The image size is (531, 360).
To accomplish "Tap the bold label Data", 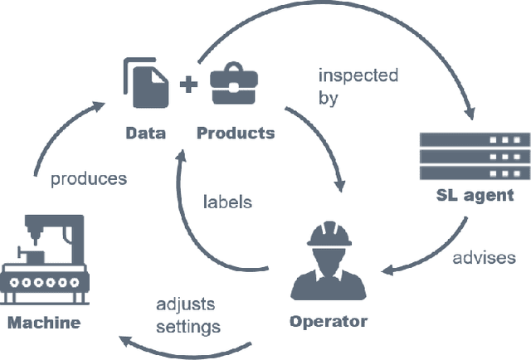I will tap(145, 133).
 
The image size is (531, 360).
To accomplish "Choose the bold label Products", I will tap(235, 133).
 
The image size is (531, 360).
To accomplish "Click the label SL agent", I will tap(475, 196).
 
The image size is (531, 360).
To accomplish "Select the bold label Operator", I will tap(328, 320).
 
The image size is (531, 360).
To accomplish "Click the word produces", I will tap(89, 178).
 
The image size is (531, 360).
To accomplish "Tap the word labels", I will tap(227, 202).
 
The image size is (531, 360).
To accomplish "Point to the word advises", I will tap(484, 257).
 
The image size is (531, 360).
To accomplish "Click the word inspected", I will tap(358, 75).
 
